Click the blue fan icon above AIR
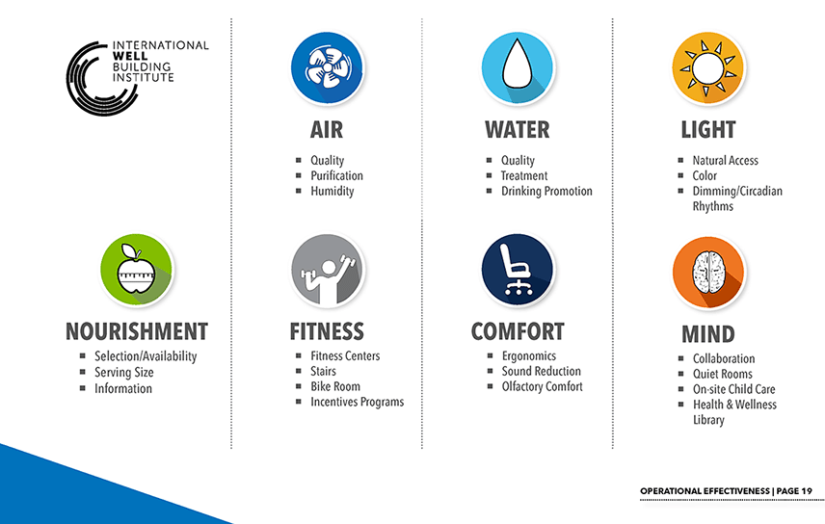[328, 67]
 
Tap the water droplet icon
[518, 67]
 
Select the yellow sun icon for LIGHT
[708, 67]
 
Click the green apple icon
[136, 270]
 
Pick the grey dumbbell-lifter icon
[328, 270]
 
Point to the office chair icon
[518, 270]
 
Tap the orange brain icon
[708, 273]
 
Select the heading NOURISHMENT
[137, 331]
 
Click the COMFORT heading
[518, 331]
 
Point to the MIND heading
[708, 334]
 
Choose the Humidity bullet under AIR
[332, 191]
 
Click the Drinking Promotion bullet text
[546, 191]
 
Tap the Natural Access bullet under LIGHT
[725, 161]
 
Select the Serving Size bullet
[124, 373]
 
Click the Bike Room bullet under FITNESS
[335, 386]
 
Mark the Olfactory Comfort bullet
[542, 386]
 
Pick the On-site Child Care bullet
[734, 389]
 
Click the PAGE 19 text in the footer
[794, 491]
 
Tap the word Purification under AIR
[336, 175]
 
